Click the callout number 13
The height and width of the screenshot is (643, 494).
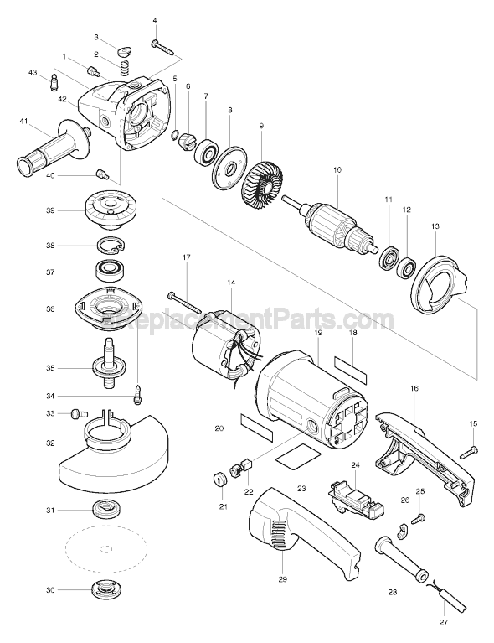coord(434,226)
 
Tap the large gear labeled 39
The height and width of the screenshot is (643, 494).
coord(109,212)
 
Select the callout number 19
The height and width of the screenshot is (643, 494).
coord(318,333)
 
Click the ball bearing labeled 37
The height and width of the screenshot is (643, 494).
coord(109,271)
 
